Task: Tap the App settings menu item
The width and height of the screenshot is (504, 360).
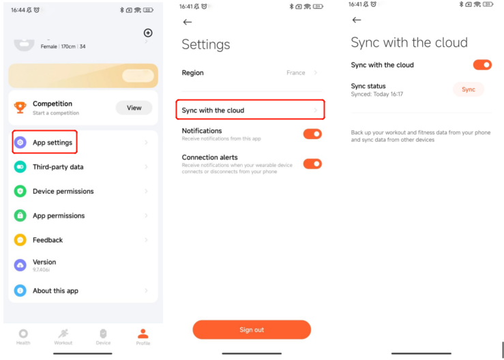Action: [x=53, y=142]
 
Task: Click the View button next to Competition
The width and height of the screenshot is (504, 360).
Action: [x=134, y=108]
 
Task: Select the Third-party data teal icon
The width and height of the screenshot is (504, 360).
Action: [x=20, y=167]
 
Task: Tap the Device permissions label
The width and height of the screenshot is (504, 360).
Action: [x=63, y=191]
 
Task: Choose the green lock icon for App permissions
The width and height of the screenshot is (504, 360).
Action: [x=20, y=215]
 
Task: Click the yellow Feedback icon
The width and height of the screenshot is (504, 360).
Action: [x=20, y=240]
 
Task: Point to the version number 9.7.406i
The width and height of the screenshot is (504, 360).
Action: [x=41, y=270]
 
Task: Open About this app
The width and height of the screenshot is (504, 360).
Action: [x=55, y=290]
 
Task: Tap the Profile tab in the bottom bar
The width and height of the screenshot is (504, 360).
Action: [x=143, y=337]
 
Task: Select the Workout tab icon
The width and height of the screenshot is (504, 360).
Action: [x=63, y=333]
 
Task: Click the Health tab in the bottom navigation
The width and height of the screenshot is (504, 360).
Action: [x=23, y=337]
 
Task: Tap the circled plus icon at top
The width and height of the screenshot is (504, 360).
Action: [x=148, y=33]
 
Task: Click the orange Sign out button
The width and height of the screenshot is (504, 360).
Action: [x=252, y=330]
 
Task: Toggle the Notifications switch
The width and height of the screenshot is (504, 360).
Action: [x=312, y=134]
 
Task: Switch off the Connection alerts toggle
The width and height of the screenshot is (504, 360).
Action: [x=312, y=164]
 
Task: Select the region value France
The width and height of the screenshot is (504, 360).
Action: [x=296, y=73]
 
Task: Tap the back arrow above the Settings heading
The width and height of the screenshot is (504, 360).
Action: [x=188, y=22]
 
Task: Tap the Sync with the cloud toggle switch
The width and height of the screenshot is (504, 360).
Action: [x=482, y=65]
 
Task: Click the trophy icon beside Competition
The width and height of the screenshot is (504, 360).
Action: [x=20, y=107]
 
